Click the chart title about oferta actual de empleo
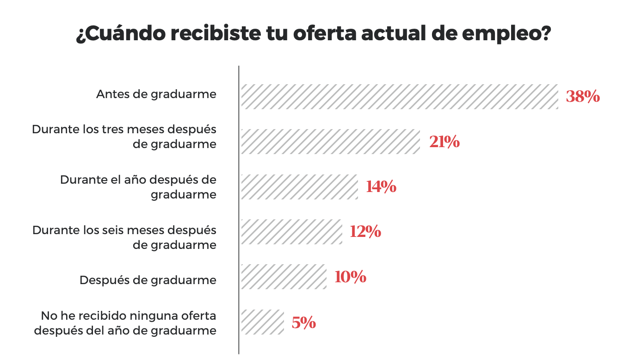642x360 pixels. click(x=314, y=34)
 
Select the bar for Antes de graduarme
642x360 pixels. click(x=399, y=96)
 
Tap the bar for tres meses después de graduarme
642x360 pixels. click(x=330, y=141)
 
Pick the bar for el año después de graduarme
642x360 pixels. click(x=299, y=186)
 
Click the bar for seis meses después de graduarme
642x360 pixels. click(x=291, y=231)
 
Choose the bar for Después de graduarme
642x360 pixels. click(x=284, y=277)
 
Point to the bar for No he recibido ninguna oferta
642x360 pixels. click(x=262, y=322)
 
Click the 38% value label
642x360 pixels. click(x=583, y=97)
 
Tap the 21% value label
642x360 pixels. click(x=444, y=142)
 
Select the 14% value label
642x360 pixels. click(x=381, y=187)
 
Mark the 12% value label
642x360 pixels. click(x=365, y=231)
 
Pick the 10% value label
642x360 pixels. click(x=350, y=277)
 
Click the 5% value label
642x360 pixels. click(x=303, y=322)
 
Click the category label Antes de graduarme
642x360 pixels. click(x=156, y=94)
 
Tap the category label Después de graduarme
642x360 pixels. click(x=148, y=280)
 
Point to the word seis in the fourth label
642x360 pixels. click(x=111, y=230)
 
